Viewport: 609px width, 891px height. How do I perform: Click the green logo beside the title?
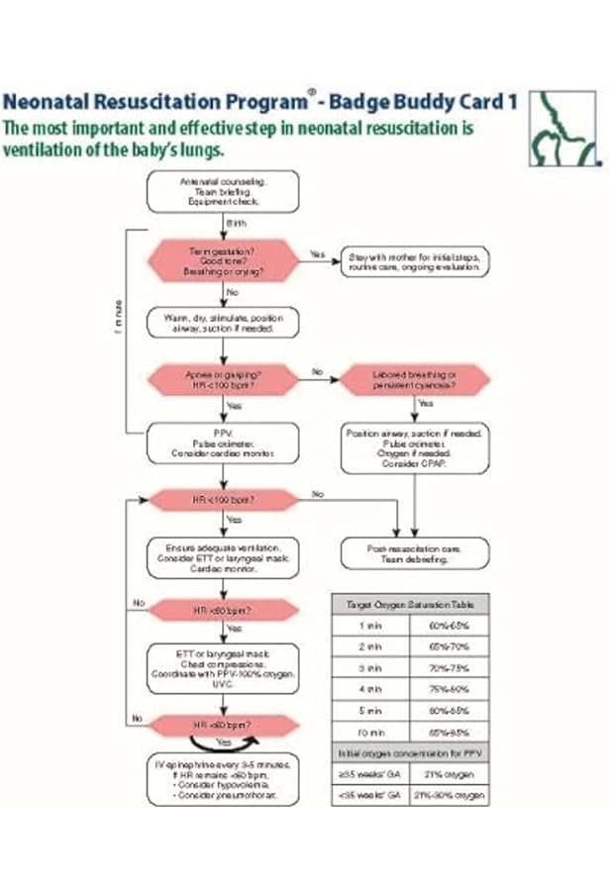coord(563,126)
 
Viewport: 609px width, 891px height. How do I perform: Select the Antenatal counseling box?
coord(223,191)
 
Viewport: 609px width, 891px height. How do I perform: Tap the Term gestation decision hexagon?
coord(223,261)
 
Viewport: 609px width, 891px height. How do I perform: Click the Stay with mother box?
coord(414,262)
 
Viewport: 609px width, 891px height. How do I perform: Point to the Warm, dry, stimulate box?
coord(223,323)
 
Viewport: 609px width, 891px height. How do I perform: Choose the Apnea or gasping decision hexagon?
coord(223,380)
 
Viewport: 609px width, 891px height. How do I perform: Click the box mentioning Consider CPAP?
coord(414,448)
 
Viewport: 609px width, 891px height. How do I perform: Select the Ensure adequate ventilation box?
coord(223,557)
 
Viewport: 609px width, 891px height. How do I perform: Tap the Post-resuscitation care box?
coord(414,551)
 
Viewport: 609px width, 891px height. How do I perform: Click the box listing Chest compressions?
coord(223,667)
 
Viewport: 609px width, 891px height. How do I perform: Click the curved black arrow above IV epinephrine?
coord(223,741)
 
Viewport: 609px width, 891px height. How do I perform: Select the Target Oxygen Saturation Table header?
coord(410,603)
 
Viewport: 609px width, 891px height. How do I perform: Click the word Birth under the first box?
coord(237,224)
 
